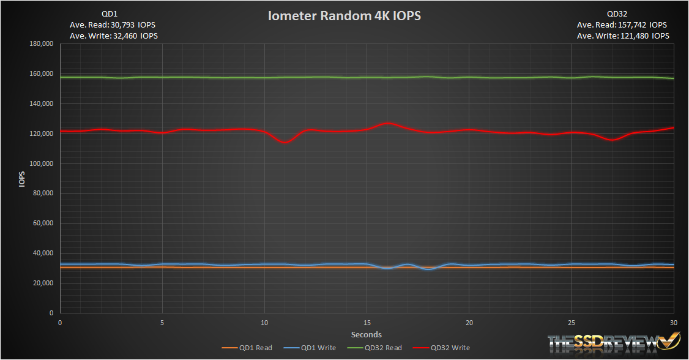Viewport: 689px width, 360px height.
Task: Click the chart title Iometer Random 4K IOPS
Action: [344, 16]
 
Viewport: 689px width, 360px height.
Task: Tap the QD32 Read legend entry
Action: [381, 348]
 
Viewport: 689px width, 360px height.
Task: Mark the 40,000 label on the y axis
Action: [43, 253]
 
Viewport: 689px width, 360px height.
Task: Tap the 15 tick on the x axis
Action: [367, 323]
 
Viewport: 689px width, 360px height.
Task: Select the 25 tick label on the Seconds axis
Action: [572, 323]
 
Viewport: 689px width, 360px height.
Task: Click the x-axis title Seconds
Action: [367, 334]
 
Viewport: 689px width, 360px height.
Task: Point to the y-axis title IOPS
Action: [22, 178]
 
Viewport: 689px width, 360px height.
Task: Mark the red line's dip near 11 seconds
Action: [285, 142]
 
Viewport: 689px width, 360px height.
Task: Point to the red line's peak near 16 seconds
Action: [387, 123]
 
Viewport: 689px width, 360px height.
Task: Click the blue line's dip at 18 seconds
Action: [428, 269]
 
